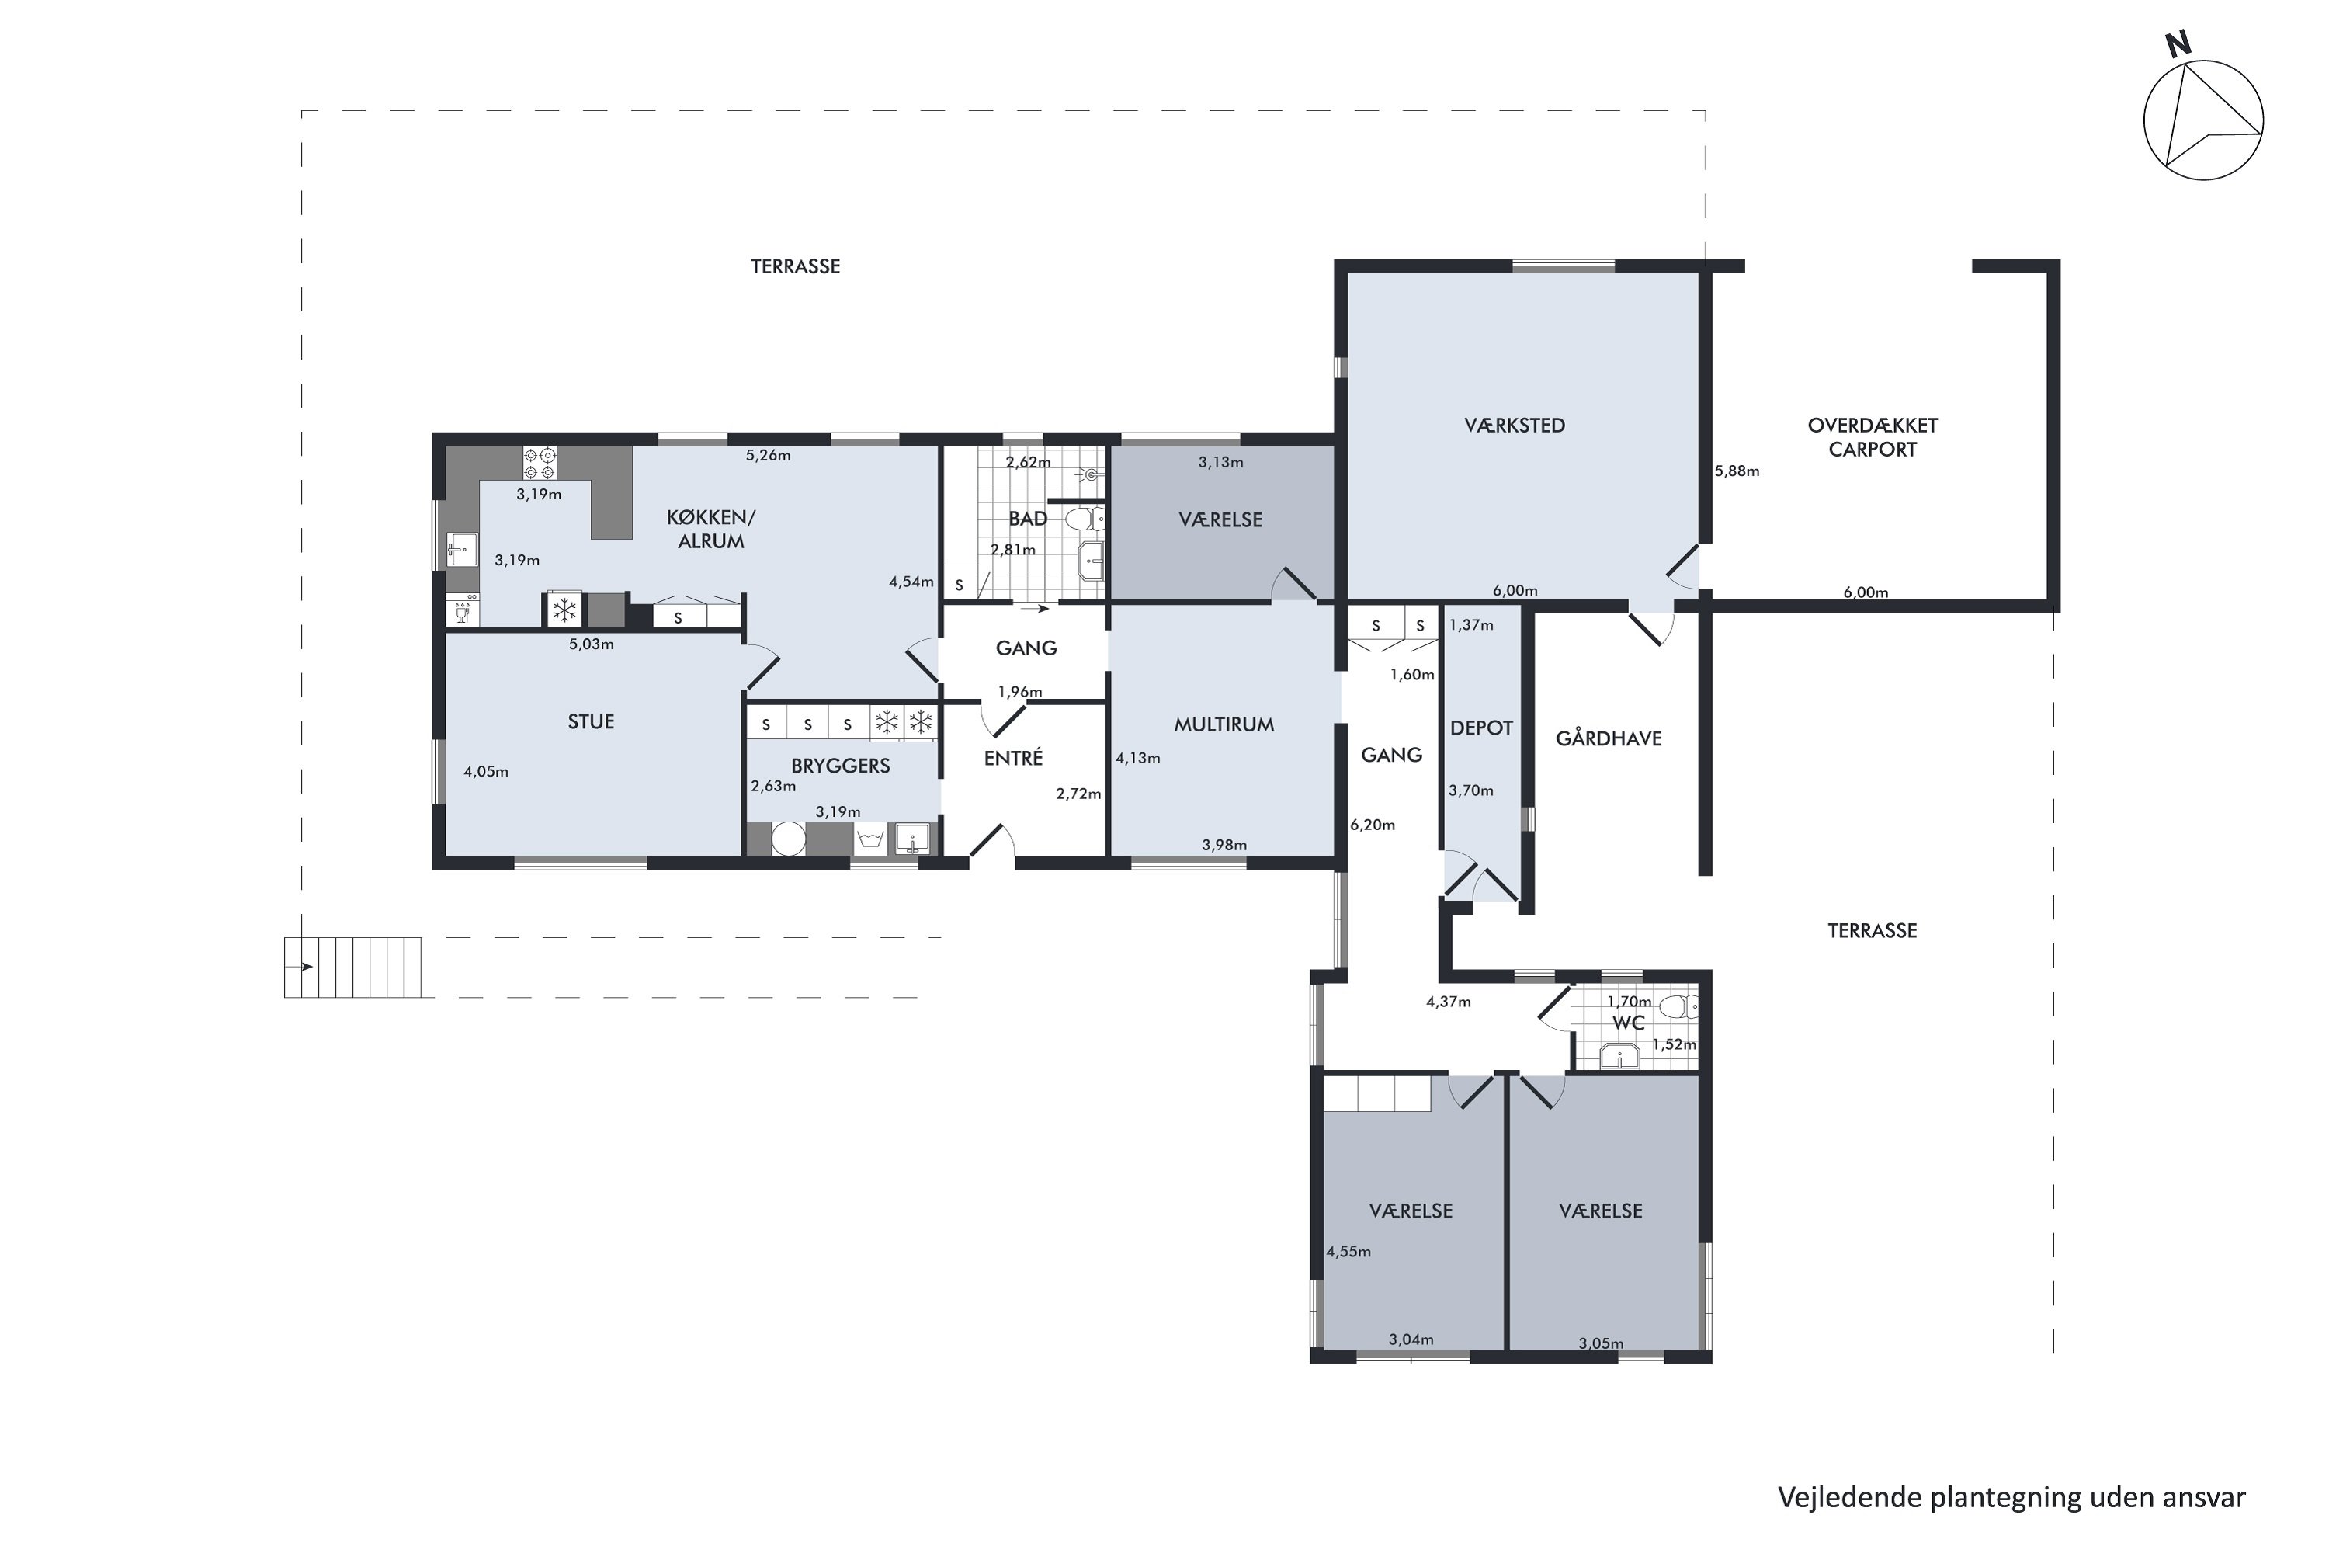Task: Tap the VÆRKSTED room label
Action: [1514, 426]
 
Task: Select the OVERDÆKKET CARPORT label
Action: [1872, 438]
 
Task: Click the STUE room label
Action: [590, 722]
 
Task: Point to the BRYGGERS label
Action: [840, 766]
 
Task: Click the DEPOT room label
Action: [1481, 728]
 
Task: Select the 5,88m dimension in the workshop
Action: [1737, 471]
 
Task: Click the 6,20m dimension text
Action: [1373, 825]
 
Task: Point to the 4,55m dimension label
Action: [1348, 1252]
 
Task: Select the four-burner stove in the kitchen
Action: [540, 464]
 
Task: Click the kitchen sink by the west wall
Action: [461, 551]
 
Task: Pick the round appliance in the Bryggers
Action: [788, 839]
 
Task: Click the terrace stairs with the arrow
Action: [352, 968]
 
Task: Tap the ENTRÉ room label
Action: [1013, 759]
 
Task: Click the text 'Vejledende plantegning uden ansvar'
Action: [2011, 1498]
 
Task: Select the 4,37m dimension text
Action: [1448, 1002]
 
